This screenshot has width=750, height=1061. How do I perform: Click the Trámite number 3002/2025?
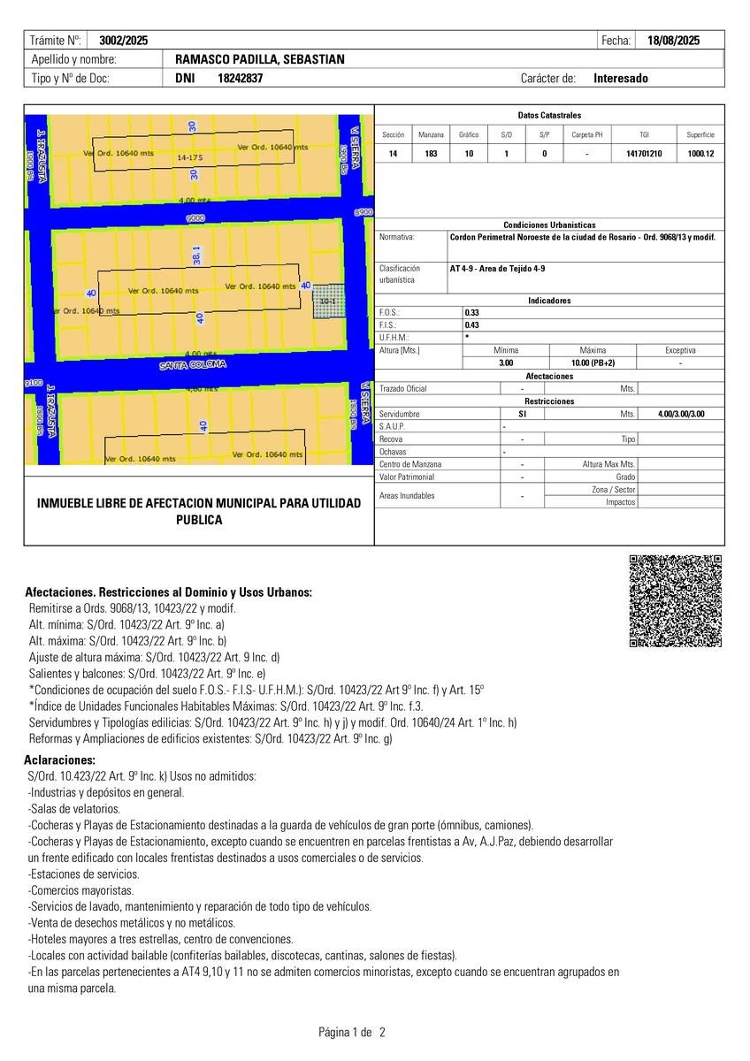click(124, 41)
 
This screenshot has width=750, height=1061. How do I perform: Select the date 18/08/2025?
click(673, 41)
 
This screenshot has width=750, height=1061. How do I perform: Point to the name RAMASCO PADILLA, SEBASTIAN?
click(260, 59)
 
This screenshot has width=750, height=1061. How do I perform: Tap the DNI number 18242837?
click(240, 78)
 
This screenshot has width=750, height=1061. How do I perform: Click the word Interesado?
click(621, 78)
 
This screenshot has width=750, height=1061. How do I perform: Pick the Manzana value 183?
click(431, 154)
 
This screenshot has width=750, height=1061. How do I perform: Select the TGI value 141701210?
click(644, 154)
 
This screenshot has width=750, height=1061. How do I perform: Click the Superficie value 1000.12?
click(700, 154)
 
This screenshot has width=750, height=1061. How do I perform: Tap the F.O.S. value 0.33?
click(472, 313)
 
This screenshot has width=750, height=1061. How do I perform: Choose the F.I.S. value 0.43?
click(472, 324)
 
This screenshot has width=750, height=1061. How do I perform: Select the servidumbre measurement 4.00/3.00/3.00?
click(681, 414)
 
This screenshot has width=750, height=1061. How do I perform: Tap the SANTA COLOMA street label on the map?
click(193, 364)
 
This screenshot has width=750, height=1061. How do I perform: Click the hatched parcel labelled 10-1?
click(328, 301)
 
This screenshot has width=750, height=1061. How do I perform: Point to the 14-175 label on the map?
click(190, 157)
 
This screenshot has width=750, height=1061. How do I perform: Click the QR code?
click(676, 601)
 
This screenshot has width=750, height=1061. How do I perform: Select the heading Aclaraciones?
click(60, 760)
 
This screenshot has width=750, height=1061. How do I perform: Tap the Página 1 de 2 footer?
click(352, 1032)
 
